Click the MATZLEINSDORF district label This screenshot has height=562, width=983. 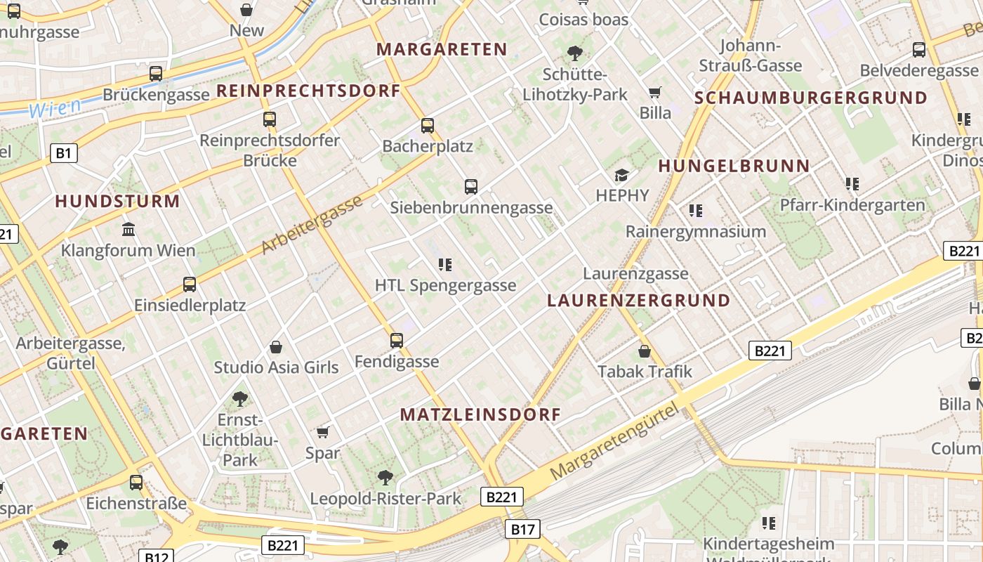480,414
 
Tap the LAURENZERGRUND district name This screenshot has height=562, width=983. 638,301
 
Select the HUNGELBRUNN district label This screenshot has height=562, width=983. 734,166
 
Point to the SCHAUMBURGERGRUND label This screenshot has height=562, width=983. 811,98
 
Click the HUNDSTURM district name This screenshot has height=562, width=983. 117,202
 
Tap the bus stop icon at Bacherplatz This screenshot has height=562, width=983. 428,126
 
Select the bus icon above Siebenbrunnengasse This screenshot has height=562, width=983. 471,187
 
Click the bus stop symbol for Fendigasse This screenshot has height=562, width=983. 397,341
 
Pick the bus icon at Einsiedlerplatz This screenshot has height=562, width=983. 190,285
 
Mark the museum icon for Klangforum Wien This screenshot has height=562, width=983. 128,229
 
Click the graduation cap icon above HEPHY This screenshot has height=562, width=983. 622,175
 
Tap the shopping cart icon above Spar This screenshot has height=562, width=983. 323,432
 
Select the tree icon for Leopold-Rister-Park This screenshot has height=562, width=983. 385,478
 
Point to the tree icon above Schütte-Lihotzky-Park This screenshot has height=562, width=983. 574,53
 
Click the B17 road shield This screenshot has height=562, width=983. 522,529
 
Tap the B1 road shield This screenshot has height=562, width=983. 64,152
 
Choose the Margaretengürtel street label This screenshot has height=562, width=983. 615,442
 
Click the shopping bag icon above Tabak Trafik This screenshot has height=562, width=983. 645,351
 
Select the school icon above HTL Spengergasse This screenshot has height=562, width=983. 444,265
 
